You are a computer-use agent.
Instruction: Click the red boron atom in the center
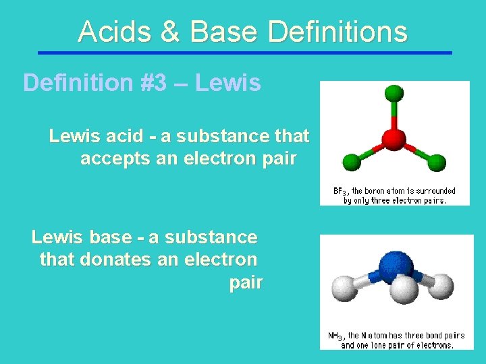point(394,140)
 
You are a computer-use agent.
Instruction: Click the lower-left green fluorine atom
point(351,162)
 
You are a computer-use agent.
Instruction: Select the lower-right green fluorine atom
point(437,162)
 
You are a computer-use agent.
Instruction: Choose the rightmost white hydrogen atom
point(441,286)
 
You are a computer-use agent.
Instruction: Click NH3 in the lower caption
point(335,336)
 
